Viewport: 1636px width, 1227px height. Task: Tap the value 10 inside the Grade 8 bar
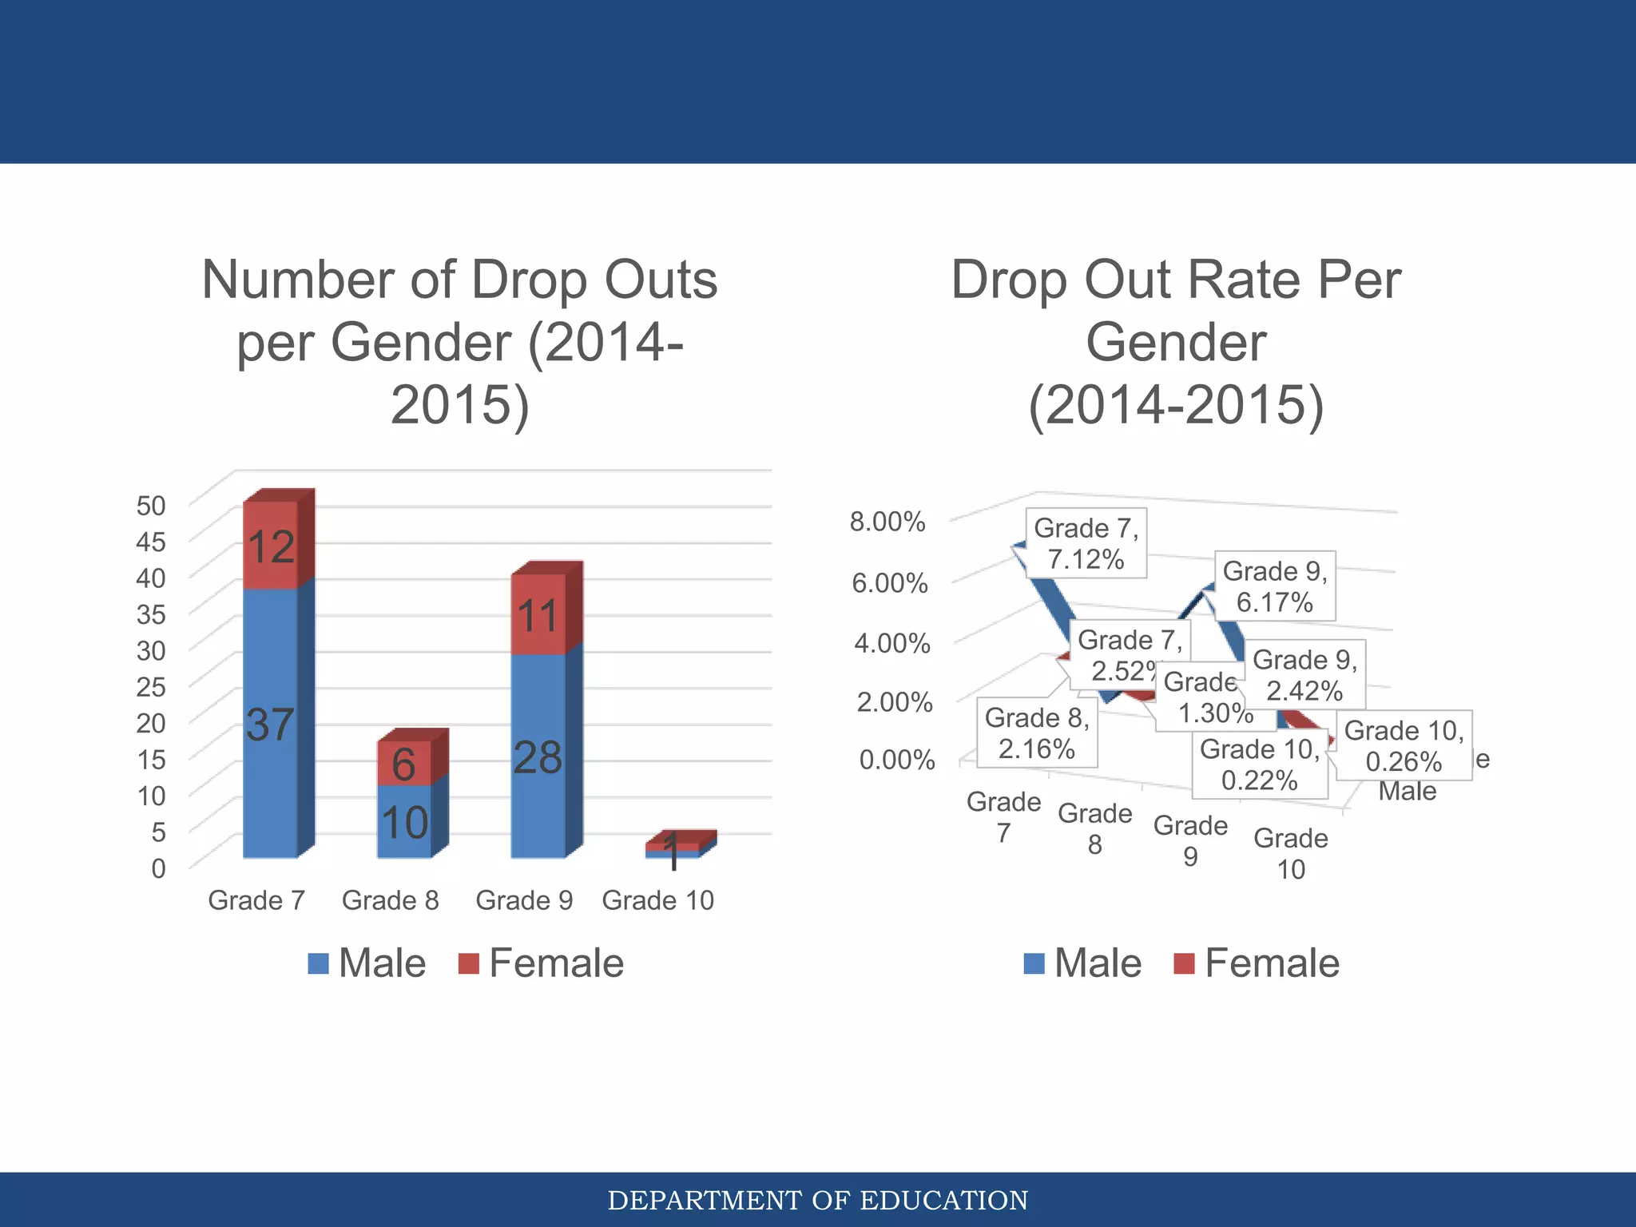click(x=404, y=823)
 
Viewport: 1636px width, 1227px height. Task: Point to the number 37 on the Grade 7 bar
click(x=270, y=724)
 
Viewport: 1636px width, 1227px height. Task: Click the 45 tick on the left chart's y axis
click(x=151, y=542)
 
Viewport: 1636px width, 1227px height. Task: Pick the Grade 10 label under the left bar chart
click(x=657, y=900)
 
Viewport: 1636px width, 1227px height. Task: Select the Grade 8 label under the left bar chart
click(x=390, y=900)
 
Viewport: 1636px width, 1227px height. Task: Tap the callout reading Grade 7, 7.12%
click(x=1086, y=543)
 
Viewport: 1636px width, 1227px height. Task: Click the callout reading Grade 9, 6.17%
click(x=1275, y=586)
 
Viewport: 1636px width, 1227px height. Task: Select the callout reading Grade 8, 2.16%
click(x=1037, y=733)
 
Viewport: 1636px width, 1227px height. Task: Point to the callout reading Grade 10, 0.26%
click(x=1404, y=745)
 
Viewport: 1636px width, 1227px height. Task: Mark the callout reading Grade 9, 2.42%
click(x=1304, y=675)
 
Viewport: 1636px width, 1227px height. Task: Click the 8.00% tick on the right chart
click(x=887, y=522)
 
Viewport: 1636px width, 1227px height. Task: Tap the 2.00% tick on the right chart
click(x=895, y=702)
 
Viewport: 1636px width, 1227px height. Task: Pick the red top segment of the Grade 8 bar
click(x=404, y=762)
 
